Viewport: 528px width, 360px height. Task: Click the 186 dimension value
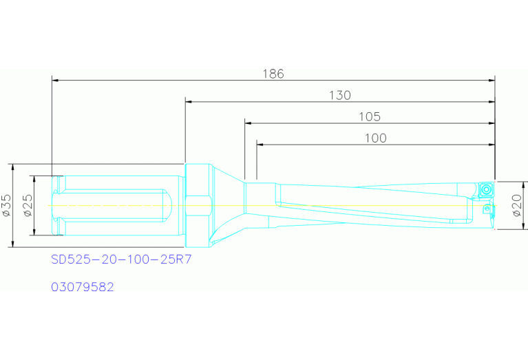coord(273,74)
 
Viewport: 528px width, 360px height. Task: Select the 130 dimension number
coord(339,95)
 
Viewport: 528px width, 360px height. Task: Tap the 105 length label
coord(369,116)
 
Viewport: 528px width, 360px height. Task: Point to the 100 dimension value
coord(375,138)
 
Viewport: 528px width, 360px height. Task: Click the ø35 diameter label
coord(8,205)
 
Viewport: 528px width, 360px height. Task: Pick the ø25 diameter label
coord(28,205)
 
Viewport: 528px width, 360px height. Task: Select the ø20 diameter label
coord(518,205)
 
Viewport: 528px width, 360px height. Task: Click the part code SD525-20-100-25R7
coord(120,260)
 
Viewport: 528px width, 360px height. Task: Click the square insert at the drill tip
coord(487,189)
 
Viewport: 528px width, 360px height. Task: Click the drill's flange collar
coord(197,205)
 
